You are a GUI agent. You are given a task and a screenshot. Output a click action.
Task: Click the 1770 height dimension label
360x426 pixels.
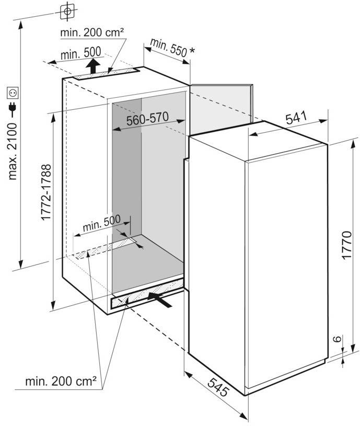coord(347,245)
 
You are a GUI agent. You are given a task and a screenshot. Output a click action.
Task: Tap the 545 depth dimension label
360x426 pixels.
coord(218,387)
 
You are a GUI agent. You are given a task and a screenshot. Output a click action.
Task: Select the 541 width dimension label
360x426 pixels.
coord(296,118)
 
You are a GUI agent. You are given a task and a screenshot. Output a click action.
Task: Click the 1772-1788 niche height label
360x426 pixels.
coord(45,192)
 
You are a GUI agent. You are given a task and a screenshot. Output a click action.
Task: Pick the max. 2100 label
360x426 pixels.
coord(13,152)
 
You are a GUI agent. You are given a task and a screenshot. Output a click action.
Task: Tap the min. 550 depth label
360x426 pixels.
coord(168,47)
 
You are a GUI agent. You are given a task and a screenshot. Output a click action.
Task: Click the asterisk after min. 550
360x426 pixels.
coord(192,50)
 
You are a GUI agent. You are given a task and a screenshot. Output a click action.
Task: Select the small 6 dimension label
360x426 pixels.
coord(336,339)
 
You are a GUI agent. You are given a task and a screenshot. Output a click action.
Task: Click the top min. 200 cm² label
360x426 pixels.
coord(92,32)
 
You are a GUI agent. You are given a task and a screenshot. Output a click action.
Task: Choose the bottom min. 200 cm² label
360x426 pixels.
coord(61,382)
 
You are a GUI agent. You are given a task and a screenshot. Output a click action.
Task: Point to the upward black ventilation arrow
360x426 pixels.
coord(93,66)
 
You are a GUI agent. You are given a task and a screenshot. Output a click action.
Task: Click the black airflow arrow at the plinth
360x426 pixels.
coord(160,300)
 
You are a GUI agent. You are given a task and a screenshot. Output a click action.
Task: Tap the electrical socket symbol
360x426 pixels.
coord(13,93)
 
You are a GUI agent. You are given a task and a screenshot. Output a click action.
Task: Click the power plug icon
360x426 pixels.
coord(13,109)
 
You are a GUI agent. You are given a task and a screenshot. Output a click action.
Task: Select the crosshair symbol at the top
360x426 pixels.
coord(67,11)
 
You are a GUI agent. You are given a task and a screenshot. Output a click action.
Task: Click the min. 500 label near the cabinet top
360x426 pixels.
coord(80,53)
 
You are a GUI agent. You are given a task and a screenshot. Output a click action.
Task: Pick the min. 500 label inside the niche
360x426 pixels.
coord(101,223)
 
